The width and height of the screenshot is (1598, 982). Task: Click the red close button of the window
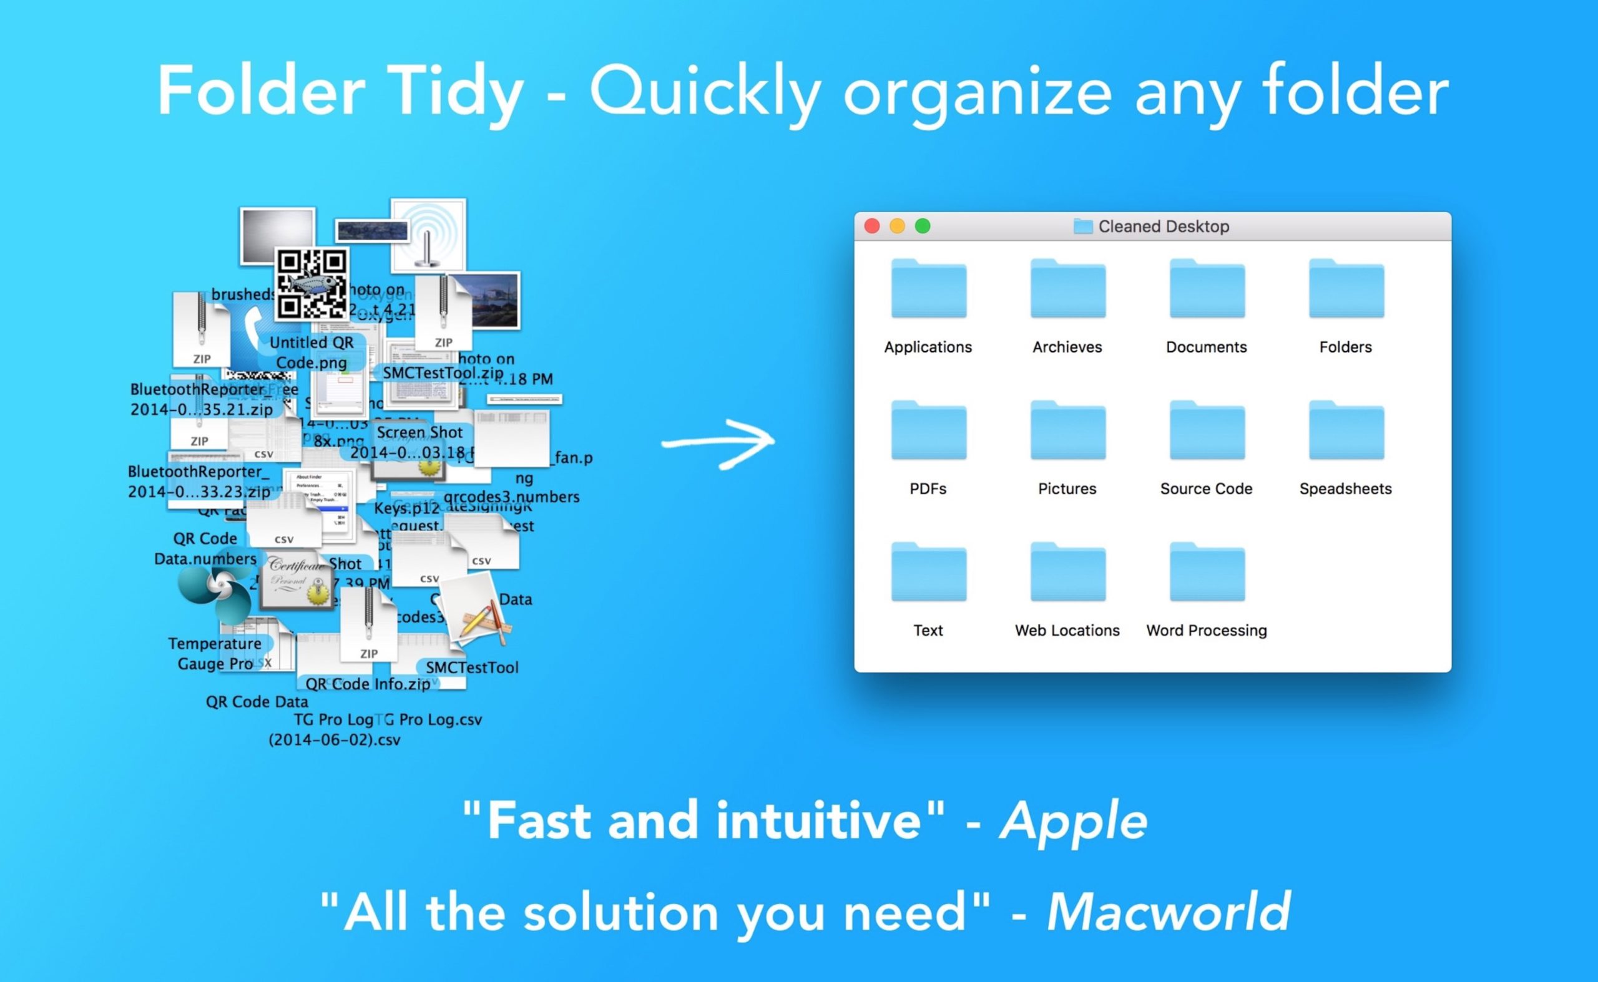872,226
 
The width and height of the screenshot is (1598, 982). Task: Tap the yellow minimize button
898,226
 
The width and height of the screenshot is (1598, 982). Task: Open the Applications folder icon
928,289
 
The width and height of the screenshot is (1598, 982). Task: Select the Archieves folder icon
1067,289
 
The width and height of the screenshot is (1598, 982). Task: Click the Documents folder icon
1207,289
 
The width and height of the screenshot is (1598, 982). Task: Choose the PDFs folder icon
928,430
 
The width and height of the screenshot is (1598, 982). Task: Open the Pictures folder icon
1067,430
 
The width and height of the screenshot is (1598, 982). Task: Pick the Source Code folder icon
1207,430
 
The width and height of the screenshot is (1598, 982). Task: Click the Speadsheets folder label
1345,489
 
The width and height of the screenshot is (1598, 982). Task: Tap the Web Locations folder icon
1067,572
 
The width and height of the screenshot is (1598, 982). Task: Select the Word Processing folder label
1207,631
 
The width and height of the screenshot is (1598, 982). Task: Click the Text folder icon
928,572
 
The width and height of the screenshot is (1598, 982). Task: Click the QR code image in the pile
311,284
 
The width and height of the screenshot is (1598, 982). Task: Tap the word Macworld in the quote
1168,912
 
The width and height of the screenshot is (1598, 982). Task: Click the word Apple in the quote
1074,821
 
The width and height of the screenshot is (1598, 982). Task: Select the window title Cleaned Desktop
1164,226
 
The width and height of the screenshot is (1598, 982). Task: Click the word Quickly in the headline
705,92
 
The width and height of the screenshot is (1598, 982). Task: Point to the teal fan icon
215,590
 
